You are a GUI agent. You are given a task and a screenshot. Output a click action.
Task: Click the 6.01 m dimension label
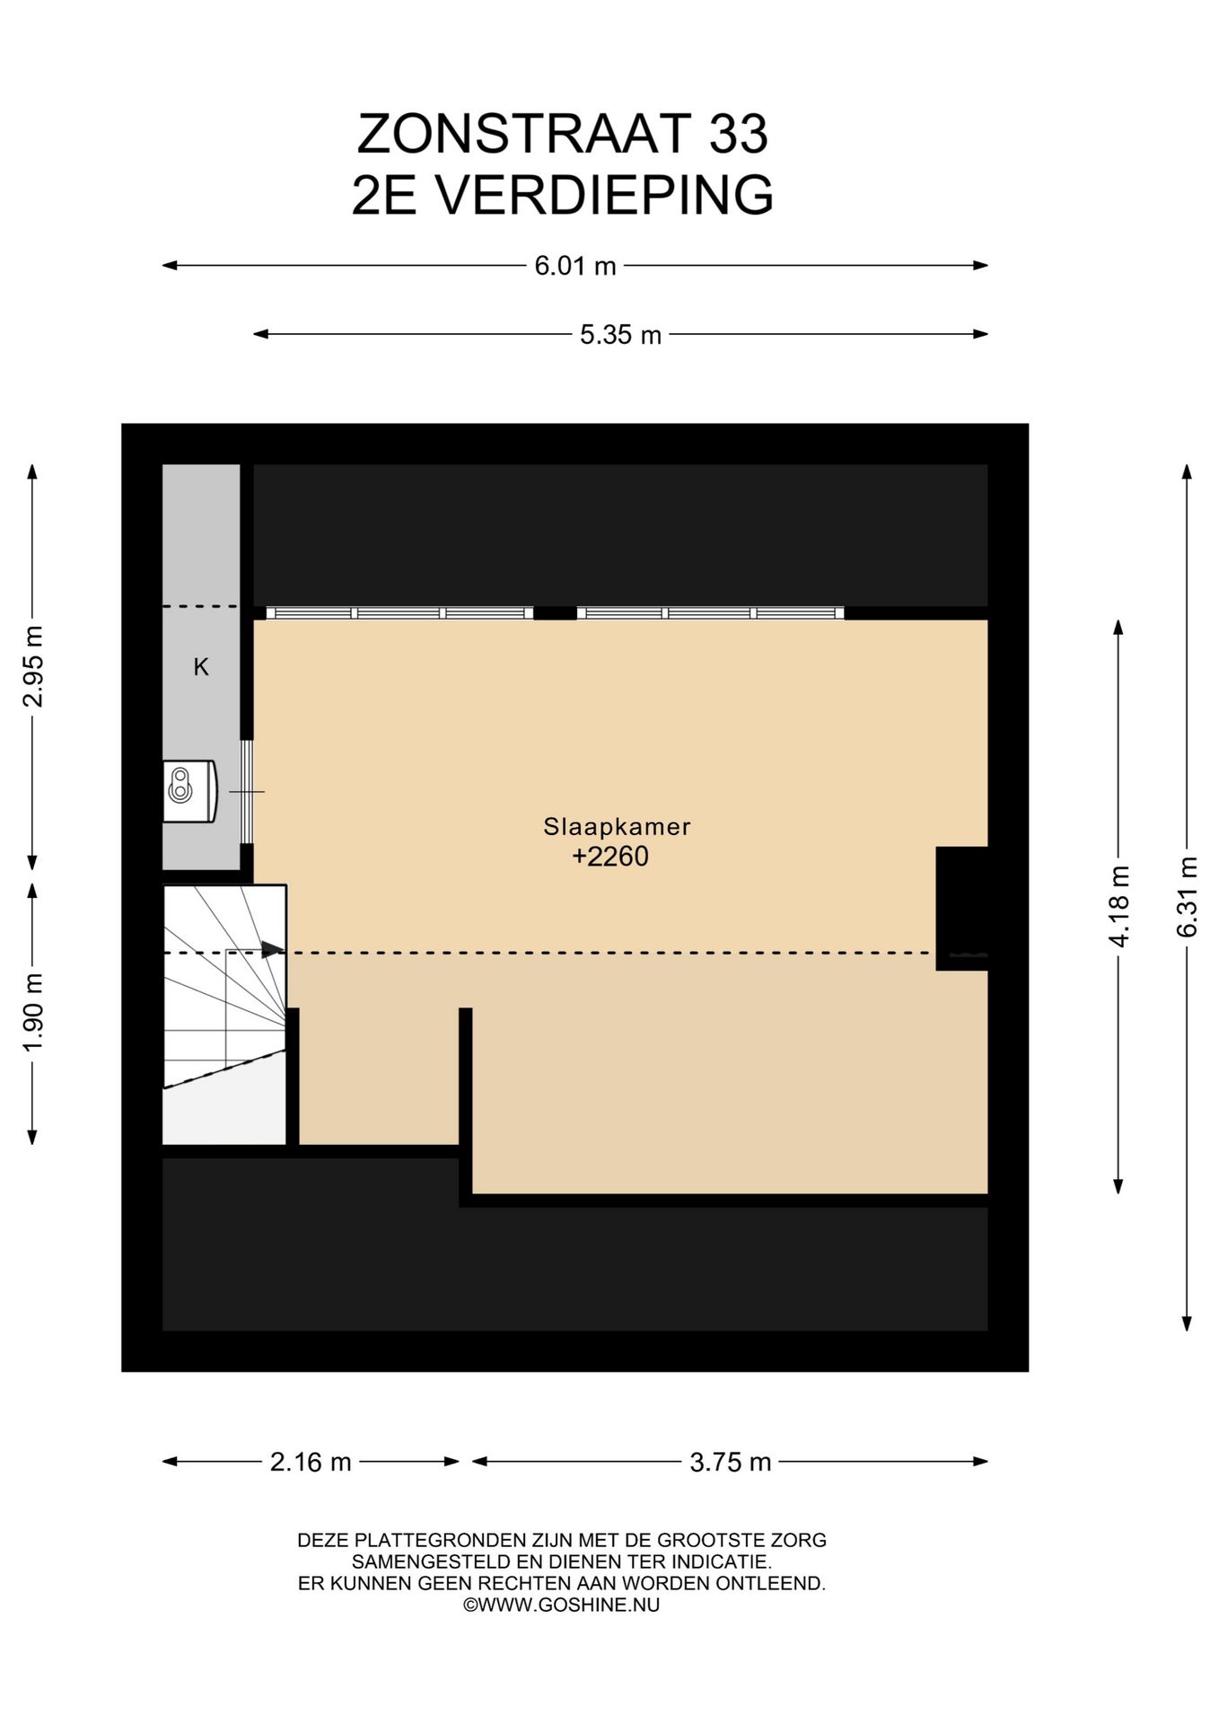tap(575, 266)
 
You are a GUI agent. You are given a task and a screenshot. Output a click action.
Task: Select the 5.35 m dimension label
tap(620, 335)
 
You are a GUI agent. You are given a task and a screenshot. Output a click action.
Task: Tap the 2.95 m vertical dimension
tap(33, 666)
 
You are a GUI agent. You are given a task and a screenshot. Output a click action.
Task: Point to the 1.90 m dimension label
tap(33, 1012)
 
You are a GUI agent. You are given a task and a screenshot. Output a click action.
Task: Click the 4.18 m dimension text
tap(1118, 907)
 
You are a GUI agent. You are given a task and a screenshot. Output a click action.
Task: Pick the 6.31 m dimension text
tap(1187, 898)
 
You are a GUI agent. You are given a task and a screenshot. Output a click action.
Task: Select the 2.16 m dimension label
tap(311, 1463)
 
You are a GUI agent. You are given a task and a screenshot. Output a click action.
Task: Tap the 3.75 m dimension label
tap(731, 1463)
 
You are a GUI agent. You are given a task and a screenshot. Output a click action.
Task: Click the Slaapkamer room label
tap(617, 826)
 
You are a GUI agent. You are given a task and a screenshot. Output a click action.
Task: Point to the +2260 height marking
tap(610, 857)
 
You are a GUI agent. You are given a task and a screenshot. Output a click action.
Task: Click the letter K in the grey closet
tap(201, 667)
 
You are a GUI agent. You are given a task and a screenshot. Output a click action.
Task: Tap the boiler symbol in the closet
tap(190, 791)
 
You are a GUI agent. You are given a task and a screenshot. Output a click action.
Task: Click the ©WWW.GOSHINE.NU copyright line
tap(561, 1605)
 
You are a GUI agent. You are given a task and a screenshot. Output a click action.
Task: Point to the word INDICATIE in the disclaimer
tap(717, 1562)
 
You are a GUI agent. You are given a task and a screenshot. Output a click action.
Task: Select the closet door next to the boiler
tap(247, 792)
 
